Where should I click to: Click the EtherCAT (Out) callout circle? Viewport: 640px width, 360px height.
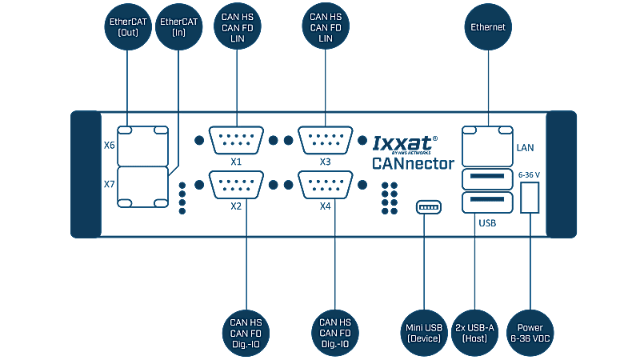pos(128,27)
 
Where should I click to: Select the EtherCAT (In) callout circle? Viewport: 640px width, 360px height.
pos(178,27)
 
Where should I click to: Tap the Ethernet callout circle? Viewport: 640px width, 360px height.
pos(488,27)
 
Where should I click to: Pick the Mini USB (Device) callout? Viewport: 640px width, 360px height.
pos(424,333)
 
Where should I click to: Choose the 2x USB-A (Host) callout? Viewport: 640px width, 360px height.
pos(474,333)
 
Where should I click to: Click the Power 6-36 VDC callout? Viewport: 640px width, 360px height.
pos(530,333)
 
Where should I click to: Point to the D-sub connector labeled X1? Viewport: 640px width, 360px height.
pos(236,140)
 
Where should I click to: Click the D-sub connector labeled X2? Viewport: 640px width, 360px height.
pos(236,185)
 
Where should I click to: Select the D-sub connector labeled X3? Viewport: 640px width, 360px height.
pos(325,140)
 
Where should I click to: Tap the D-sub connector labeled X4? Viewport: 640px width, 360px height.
pos(325,185)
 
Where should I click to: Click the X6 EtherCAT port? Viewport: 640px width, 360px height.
pos(143,146)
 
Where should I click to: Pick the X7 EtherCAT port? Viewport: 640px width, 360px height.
pos(143,187)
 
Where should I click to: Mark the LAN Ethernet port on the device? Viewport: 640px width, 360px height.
pos(487,146)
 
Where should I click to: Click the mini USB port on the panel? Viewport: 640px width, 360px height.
pos(429,207)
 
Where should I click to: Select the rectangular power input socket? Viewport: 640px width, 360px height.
pos(530,198)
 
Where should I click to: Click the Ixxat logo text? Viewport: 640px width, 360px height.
pos(405,144)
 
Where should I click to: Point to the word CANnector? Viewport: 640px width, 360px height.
pos(413,163)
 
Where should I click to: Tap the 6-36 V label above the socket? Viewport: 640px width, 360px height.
pos(529,174)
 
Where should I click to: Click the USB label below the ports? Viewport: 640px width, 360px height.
pos(487,223)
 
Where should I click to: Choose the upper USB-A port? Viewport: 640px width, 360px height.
pos(487,178)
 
